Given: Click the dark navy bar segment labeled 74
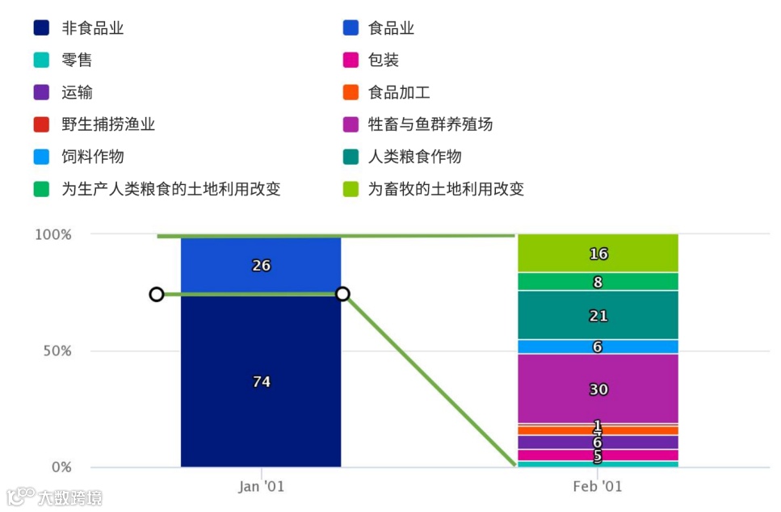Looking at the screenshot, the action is point(261,381).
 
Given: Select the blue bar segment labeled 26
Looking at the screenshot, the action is point(261,265).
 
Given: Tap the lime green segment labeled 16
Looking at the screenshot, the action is point(598,254).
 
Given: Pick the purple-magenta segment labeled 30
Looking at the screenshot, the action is point(598,389).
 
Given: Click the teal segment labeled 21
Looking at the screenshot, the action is point(598,316).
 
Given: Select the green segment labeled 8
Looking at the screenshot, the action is point(598,282).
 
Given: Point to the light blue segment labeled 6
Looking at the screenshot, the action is point(598,346).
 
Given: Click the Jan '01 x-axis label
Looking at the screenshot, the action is point(261,487).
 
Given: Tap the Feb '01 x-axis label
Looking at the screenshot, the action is point(598,487).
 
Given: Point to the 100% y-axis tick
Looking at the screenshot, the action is point(52,235).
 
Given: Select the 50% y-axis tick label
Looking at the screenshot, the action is point(56,351).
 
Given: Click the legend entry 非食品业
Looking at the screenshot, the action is point(92,28).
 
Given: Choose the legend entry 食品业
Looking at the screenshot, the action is point(391,28).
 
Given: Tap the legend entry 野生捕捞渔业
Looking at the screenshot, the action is point(107,124).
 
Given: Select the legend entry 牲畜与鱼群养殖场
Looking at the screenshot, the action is point(430,124).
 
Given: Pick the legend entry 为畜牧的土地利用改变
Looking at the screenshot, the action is point(446,189).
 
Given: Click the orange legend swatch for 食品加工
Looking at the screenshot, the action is point(351,93).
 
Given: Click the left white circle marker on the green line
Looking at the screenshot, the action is point(157,294).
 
